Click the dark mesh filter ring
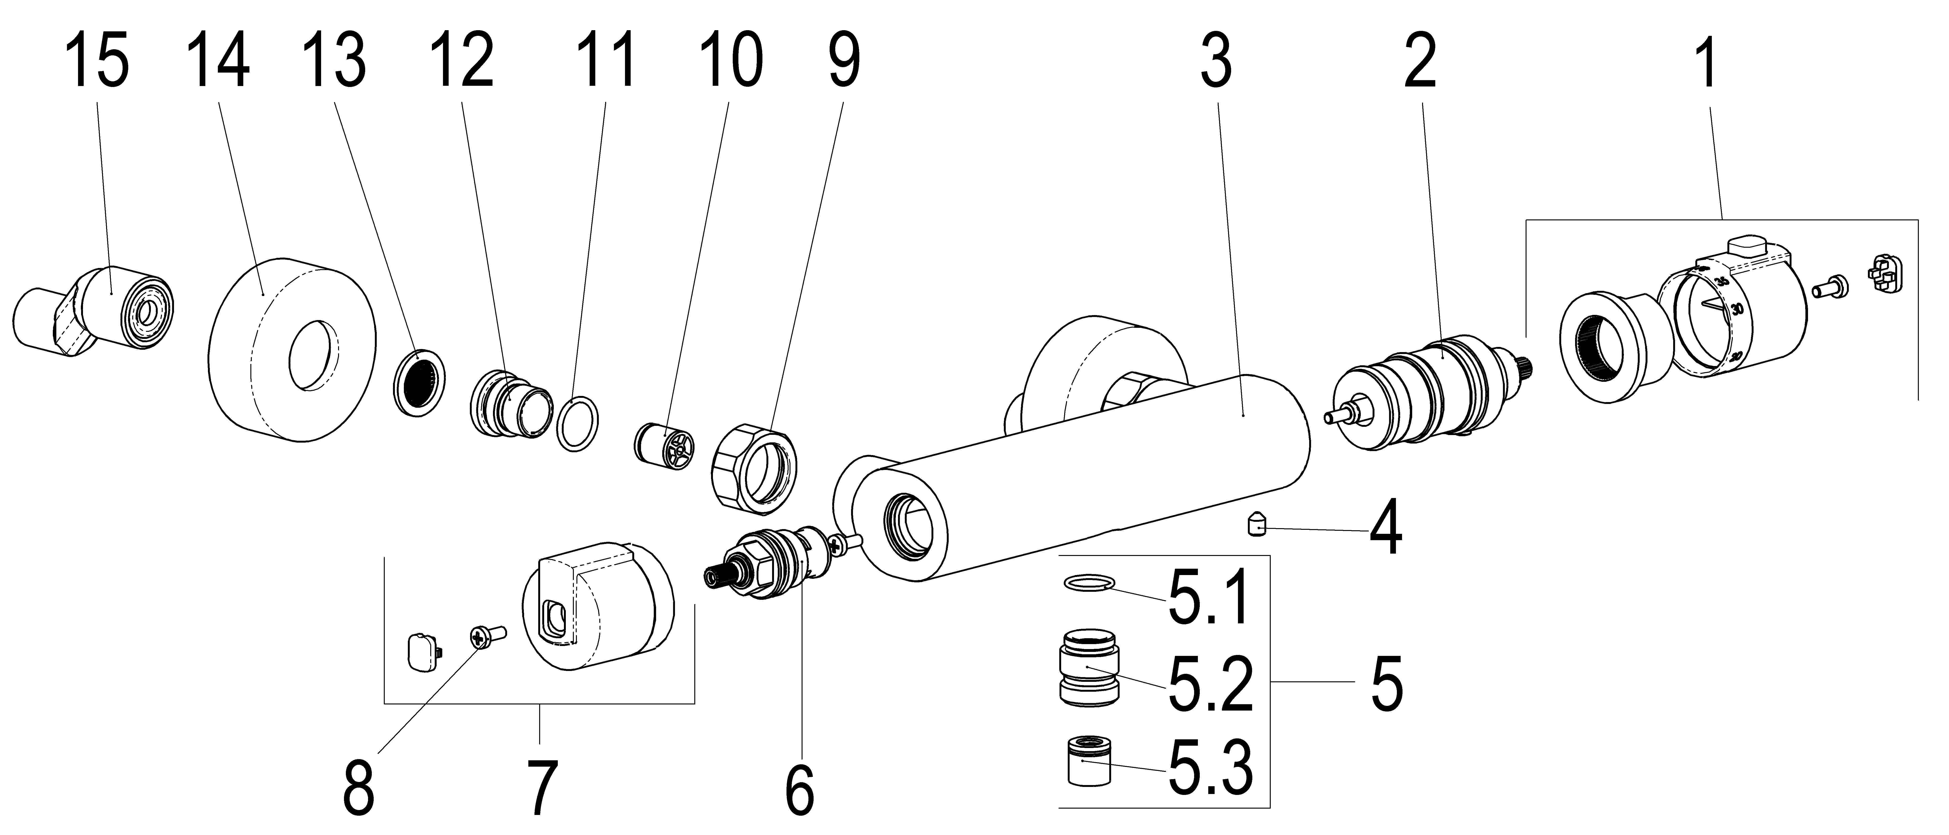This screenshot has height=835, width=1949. coord(420,383)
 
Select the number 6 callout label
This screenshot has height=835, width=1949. coord(800,790)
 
